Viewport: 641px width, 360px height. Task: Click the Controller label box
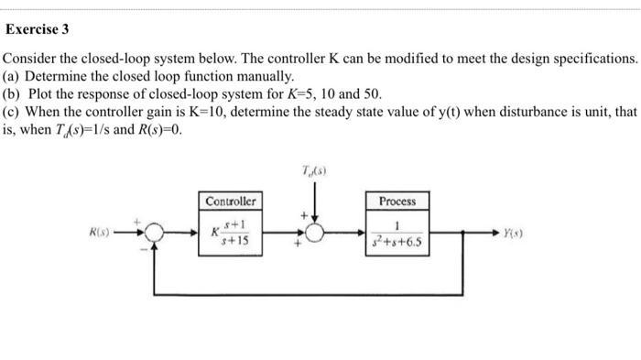[231, 201]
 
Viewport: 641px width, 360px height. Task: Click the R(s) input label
[99, 233]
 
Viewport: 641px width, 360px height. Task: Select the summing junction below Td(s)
[314, 234]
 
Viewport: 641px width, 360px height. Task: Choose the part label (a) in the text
[13, 76]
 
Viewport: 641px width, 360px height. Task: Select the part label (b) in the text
[13, 94]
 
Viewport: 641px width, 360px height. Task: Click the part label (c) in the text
[13, 112]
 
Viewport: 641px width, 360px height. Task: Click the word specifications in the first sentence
[592, 58]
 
